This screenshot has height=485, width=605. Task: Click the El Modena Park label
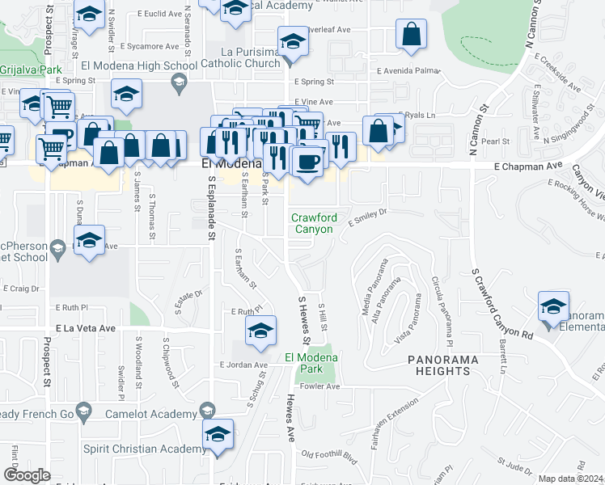click(x=311, y=363)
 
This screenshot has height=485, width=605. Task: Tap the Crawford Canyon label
click(x=314, y=224)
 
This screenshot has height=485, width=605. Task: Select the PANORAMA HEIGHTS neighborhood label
click(x=438, y=365)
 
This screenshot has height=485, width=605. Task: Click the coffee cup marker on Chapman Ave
click(x=307, y=162)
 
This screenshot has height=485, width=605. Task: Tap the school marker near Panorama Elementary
click(x=553, y=308)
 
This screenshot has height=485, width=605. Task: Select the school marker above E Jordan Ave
click(x=260, y=331)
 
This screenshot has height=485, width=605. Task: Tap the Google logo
click(x=27, y=475)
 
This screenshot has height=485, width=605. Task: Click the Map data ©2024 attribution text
click(x=570, y=479)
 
